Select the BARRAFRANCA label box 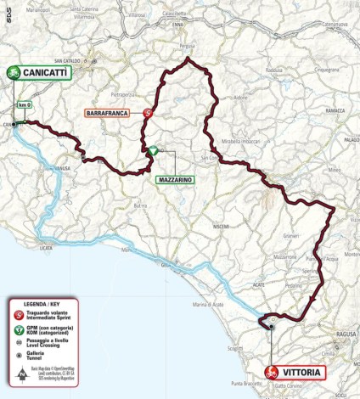pyautogui.click(x=112, y=112)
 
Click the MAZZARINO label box pyautogui.click(x=176, y=181)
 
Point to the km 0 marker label pyautogui.click(x=23, y=104)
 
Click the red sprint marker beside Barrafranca pyautogui.click(x=149, y=112)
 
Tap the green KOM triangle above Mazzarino pyautogui.click(x=152, y=151)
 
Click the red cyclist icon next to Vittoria pyautogui.click(x=272, y=372)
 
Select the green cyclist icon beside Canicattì pyautogui.click(x=14, y=74)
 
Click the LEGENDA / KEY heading pyautogui.click(x=42, y=302)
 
